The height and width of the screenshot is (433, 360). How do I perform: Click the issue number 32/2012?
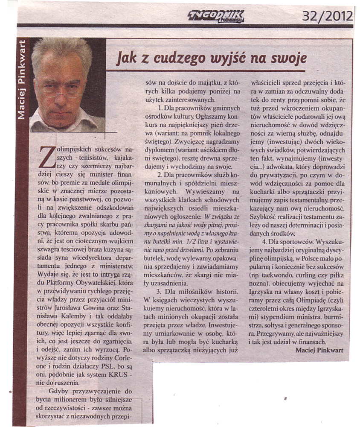[328, 16]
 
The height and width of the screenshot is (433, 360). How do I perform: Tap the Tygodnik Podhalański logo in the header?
[216, 16]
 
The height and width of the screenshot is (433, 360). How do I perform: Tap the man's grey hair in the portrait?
[61, 49]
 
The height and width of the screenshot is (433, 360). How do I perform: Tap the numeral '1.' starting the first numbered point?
[160, 108]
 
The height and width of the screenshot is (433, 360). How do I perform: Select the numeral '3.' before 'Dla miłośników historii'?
[160, 291]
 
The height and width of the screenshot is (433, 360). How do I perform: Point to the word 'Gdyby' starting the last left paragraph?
[59, 391]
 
